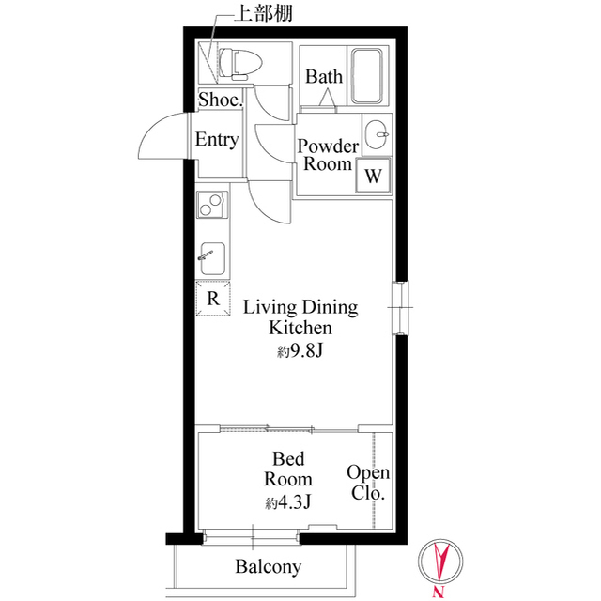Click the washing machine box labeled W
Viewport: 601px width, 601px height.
tap(373, 175)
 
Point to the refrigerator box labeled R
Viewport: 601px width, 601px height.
tap(213, 300)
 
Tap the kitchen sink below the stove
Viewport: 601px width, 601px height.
tap(210, 255)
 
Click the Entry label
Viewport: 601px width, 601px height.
tap(216, 140)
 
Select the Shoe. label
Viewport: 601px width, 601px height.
tap(222, 100)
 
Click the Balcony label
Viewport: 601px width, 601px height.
tap(268, 566)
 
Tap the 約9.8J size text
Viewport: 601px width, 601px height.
tap(300, 351)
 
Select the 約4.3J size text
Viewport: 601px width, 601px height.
tap(287, 501)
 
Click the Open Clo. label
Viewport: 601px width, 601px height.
tap(368, 484)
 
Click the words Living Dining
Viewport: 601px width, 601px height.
tap(300, 307)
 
